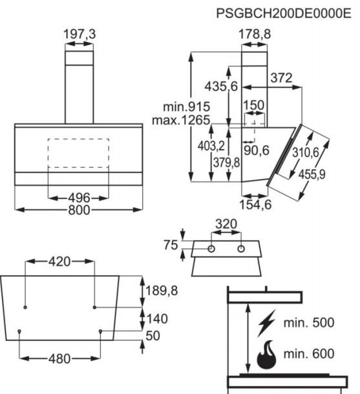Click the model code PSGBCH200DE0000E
click(x=284, y=14)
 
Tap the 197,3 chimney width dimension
click(x=79, y=34)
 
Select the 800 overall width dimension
click(x=79, y=210)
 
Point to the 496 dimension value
click(x=79, y=198)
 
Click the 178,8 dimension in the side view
click(x=255, y=34)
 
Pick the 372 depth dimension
click(x=281, y=78)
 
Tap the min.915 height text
click(x=187, y=107)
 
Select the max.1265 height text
click(x=181, y=120)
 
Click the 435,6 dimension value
click(x=221, y=87)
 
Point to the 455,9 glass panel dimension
click(x=312, y=174)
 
